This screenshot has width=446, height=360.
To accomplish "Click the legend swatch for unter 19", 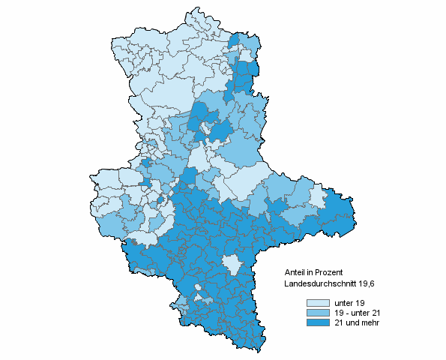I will (x=317, y=302).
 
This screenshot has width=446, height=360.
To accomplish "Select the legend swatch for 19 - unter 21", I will (x=317, y=312).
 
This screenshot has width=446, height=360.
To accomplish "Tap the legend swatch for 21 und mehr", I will (x=317, y=322).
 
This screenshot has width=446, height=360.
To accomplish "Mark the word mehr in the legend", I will (x=369, y=322).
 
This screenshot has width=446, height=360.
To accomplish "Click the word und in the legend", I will (x=352, y=322).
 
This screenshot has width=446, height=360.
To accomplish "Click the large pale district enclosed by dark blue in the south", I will (x=232, y=264).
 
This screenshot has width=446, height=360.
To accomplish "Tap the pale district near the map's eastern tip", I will (x=317, y=199).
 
